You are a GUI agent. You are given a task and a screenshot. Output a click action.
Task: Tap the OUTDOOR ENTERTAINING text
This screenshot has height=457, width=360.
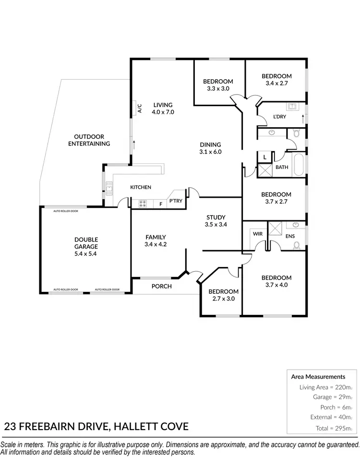pyautogui.click(x=89, y=140)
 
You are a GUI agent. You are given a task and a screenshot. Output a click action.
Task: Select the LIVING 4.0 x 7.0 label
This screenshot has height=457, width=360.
pyautogui.click(x=162, y=108)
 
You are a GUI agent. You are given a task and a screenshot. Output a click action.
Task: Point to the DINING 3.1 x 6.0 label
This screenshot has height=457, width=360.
pyautogui.click(x=210, y=148)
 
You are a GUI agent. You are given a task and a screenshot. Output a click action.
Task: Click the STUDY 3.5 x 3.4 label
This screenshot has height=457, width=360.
pyautogui.click(x=216, y=221)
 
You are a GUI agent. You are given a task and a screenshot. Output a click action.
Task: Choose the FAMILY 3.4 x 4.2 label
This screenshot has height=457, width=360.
pyautogui.click(x=156, y=241)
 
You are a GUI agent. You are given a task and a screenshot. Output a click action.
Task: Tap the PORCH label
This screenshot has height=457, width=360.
pyautogui.click(x=161, y=287)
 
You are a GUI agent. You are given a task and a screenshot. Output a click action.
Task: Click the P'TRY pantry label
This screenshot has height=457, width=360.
pyautogui.click(x=175, y=201)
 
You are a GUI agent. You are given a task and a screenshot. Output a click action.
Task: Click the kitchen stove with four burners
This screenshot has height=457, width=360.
pyautogui.click(x=143, y=204)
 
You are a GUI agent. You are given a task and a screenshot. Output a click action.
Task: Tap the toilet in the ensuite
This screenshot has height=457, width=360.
pyautogui.click(x=296, y=245)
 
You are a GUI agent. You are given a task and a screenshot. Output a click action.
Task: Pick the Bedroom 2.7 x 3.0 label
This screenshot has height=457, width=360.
pyautogui.click(x=223, y=295)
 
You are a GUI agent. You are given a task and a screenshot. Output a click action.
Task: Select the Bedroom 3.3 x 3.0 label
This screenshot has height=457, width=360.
pyautogui.click(x=218, y=85)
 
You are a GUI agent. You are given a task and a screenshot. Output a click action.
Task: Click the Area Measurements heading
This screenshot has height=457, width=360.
pyautogui.click(x=318, y=377)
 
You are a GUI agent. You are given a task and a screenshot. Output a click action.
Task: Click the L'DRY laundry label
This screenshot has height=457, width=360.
pyautogui.click(x=280, y=117)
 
